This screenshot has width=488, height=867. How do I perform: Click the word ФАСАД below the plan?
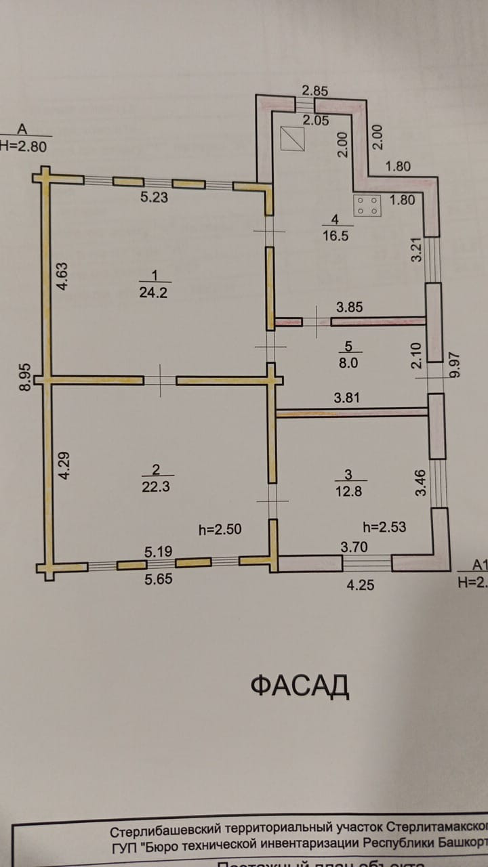click(x=300, y=686)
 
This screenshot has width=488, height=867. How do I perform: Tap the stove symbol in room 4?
click(x=367, y=206)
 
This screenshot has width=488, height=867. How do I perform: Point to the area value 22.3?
click(x=156, y=487)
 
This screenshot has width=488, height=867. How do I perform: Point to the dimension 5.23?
click(x=154, y=198)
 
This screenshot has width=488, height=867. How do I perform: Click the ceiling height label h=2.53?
click(x=384, y=526)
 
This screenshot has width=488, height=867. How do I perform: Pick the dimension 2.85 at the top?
click(x=315, y=91)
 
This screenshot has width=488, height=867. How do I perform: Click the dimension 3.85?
click(x=350, y=307)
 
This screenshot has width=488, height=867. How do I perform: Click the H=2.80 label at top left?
click(x=23, y=146)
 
